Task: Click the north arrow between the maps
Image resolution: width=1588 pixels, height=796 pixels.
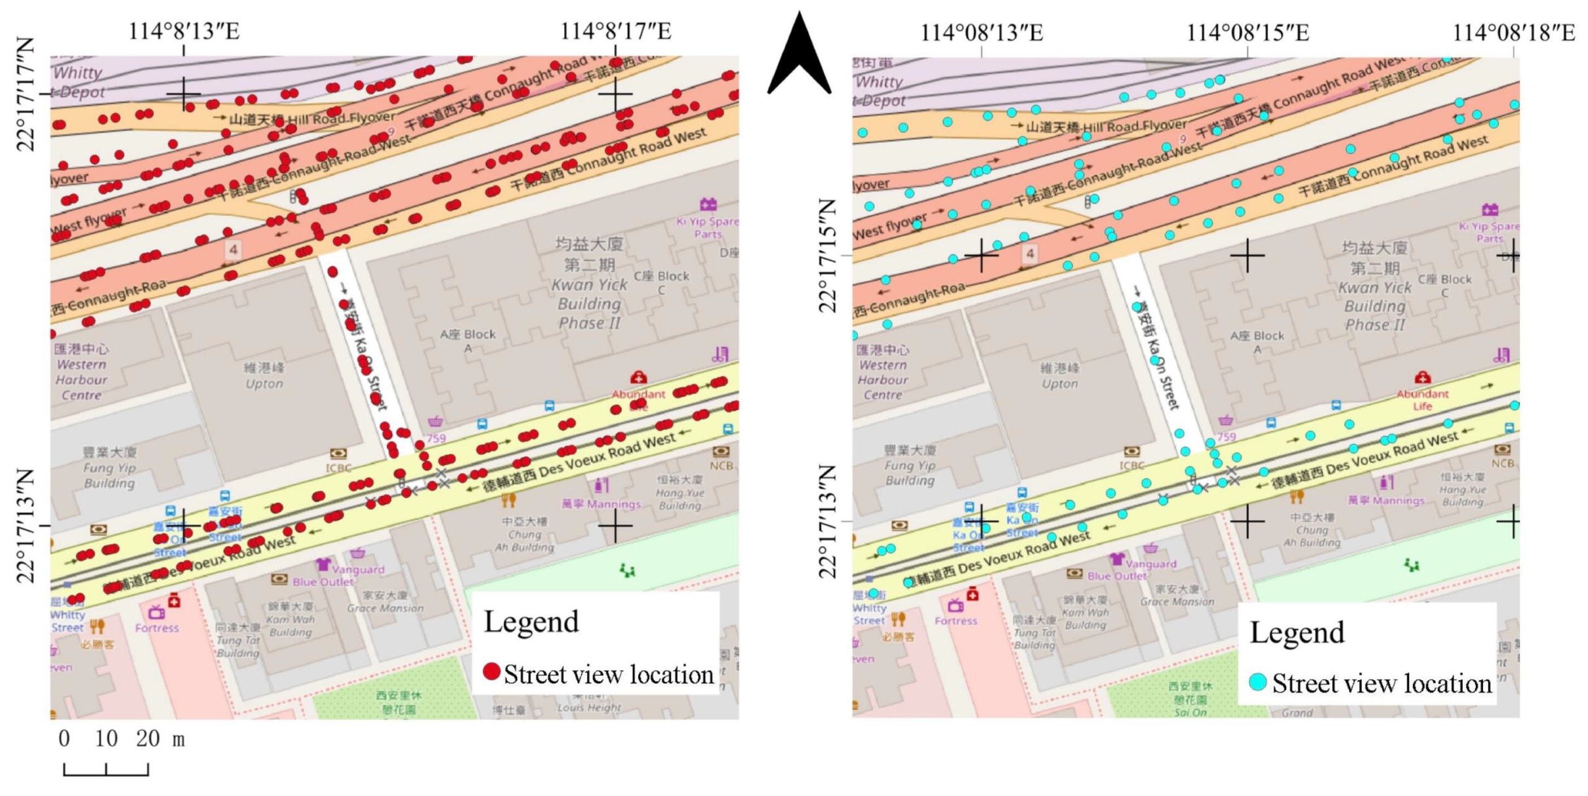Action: click(x=800, y=56)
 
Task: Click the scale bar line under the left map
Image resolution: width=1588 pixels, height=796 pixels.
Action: click(x=106, y=774)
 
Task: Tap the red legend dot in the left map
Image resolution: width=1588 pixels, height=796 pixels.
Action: click(x=491, y=671)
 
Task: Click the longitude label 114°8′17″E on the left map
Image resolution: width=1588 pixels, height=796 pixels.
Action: click(x=615, y=31)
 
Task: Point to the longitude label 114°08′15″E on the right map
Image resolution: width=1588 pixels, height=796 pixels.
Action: click(x=1247, y=33)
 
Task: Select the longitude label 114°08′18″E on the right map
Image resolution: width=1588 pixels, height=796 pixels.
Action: click(x=1513, y=33)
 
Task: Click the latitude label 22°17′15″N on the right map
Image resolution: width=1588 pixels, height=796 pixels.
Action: click(x=828, y=256)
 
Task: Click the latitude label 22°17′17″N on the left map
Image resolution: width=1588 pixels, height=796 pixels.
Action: click(x=26, y=94)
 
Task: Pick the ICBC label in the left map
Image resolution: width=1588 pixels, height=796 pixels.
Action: click(x=338, y=468)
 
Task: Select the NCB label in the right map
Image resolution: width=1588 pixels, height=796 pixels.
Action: click(x=1502, y=463)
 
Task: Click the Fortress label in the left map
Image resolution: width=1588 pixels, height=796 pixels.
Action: click(x=157, y=627)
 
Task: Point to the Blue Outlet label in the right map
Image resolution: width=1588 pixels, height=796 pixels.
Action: click(x=1116, y=576)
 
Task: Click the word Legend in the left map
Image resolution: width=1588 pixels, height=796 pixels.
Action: click(x=531, y=621)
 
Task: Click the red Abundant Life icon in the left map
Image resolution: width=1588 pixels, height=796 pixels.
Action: click(x=638, y=378)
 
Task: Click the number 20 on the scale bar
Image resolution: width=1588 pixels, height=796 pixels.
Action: click(x=148, y=739)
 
